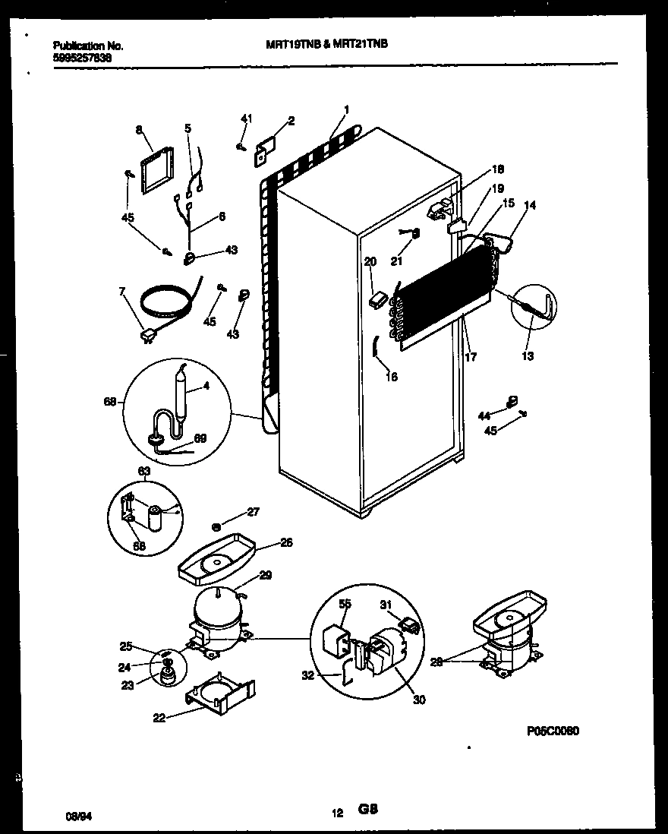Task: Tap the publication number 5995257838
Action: tap(80, 56)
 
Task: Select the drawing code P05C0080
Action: tap(553, 731)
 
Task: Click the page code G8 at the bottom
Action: tap(368, 811)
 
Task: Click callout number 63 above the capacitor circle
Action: tap(142, 471)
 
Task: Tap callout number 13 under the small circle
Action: tap(527, 355)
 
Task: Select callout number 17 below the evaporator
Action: tap(471, 355)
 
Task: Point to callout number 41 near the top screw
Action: tap(245, 118)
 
